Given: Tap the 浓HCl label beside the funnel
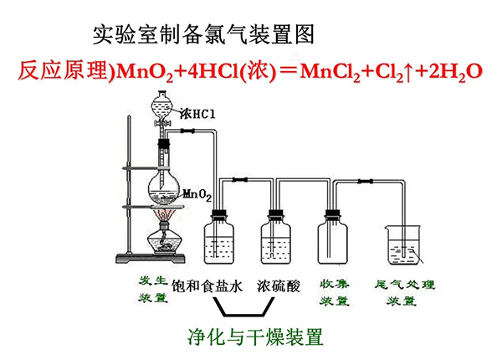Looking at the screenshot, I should point(197,113).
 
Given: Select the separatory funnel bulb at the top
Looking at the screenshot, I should point(161,109).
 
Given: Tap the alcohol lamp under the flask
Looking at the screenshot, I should point(165,242).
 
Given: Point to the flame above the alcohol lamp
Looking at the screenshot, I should point(165,219).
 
